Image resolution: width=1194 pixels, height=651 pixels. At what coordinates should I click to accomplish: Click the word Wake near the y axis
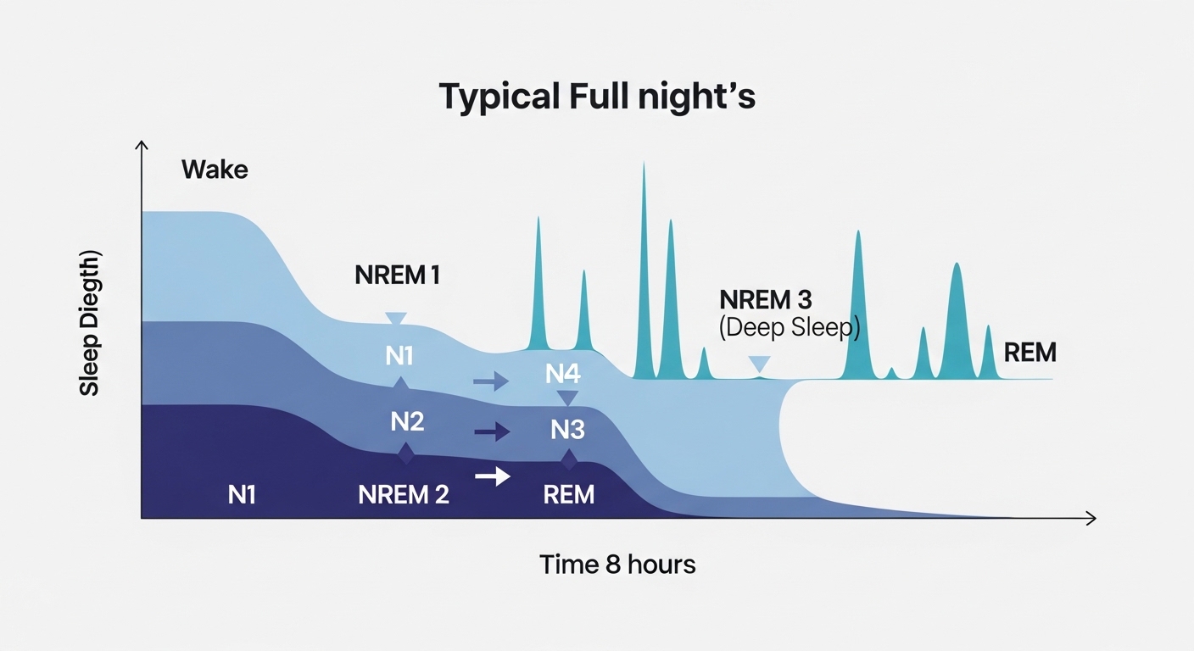[215, 170]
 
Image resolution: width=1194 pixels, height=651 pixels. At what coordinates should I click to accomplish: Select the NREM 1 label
[397, 275]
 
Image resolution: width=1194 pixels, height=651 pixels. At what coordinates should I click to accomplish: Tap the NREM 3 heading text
[766, 300]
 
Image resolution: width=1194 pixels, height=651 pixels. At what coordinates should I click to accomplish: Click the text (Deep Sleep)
[789, 327]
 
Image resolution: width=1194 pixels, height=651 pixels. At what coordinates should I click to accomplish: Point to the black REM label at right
[1029, 353]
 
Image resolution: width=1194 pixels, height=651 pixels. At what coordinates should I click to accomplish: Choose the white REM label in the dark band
[569, 495]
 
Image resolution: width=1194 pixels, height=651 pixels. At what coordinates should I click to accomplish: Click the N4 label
[563, 374]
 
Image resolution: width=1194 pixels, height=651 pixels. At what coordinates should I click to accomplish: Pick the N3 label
[567, 430]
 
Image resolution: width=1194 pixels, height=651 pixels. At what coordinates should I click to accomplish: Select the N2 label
[407, 421]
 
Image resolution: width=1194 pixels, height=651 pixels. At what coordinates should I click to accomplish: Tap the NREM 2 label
[404, 495]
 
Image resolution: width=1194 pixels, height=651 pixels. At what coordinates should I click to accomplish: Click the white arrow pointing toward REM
[493, 476]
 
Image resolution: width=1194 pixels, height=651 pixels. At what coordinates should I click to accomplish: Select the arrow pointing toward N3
[492, 431]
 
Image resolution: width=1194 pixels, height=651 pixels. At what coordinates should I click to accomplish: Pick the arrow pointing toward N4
[491, 381]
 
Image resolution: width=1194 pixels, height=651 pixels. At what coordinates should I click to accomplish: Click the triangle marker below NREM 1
[396, 318]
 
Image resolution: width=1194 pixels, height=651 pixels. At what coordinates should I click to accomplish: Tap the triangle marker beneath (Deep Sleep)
[760, 364]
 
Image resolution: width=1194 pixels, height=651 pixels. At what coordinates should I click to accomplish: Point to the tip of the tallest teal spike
[644, 162]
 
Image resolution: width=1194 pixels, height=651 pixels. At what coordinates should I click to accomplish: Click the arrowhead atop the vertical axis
[142, 145]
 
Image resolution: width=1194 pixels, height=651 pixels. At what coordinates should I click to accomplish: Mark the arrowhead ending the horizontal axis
[1091, 519]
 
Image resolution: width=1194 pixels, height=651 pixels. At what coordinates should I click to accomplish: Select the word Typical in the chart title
[499, 98]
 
